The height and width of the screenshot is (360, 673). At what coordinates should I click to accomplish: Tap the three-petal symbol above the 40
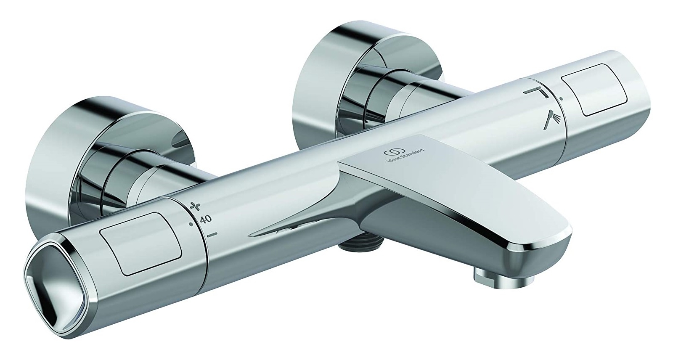pyautogui.click(x=194, y=206)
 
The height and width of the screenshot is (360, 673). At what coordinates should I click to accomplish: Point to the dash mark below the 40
pyautogui.click(x=212, y=234)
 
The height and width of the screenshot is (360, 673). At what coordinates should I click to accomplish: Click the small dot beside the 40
pyautogui.click(x=191, y=224)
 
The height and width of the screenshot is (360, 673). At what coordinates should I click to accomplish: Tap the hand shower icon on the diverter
pyautogui.click(x=552, y=121)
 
